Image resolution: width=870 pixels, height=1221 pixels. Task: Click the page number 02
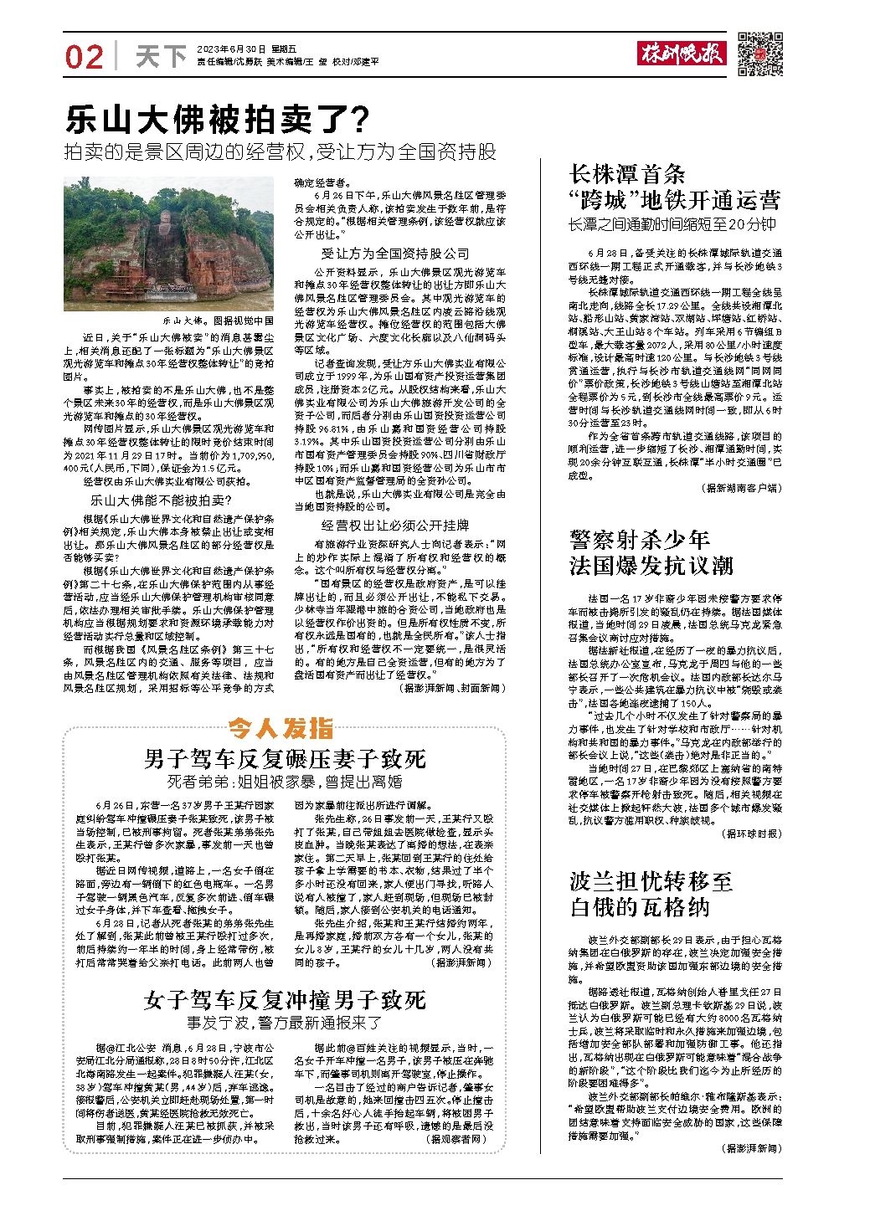click(x=85, y=57)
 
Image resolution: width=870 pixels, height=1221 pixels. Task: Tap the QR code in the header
click(x=759, y=54)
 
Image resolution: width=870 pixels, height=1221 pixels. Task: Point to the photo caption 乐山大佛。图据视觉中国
click(x=218, y=321)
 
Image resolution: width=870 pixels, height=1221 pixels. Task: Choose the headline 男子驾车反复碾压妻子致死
click(x=285, y=758)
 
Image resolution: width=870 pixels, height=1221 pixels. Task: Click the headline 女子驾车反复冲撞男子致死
click(x=285, y=1000)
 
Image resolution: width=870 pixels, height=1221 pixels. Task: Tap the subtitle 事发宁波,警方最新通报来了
click(x=285, y=1022)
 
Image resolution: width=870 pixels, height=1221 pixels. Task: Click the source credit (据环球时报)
click(x=750, y=834)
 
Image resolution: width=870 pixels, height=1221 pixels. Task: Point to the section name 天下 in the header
click(x=161, y=57)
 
